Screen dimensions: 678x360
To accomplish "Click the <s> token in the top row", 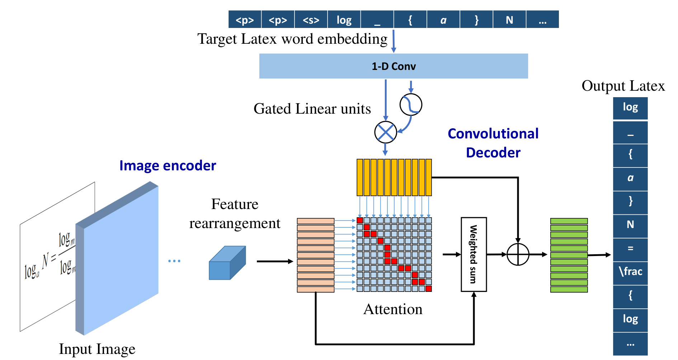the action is [x=311, y=19].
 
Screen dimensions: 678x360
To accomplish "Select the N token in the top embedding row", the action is [x=509, y=19].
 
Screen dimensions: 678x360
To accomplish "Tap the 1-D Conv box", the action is [x=394, y=66].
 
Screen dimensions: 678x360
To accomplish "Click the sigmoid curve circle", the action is [x=411, y=105].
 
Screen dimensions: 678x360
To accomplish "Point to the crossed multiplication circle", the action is [x=386, y=132].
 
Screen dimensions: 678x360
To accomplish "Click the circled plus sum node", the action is [x=518, y=255].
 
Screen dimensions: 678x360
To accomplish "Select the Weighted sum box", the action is [x=474, y=254].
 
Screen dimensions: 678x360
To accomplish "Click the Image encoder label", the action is [x=168, y=166].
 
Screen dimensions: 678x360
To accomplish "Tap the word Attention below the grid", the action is [x=393, y=309].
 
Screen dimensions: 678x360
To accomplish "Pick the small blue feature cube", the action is [x=227, y=263].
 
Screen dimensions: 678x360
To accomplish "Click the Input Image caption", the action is [x=97, y=349].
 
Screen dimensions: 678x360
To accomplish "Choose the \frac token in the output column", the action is [x=630, y=271].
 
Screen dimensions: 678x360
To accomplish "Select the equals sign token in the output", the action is [x=630, y=248].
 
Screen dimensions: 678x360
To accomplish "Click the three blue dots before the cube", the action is [x=174, y=261].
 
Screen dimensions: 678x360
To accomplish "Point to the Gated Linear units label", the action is [x=312, y=109].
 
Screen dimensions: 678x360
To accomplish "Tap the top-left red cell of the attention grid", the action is [x=360, y=220].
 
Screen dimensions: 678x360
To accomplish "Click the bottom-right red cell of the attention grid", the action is [x=429, y=289].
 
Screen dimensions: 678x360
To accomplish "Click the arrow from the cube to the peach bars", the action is [x=275, y=261].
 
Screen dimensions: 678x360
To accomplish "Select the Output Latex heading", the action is [x=623, y=86].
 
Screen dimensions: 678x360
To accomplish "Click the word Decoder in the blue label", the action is [x=493, y=153].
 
